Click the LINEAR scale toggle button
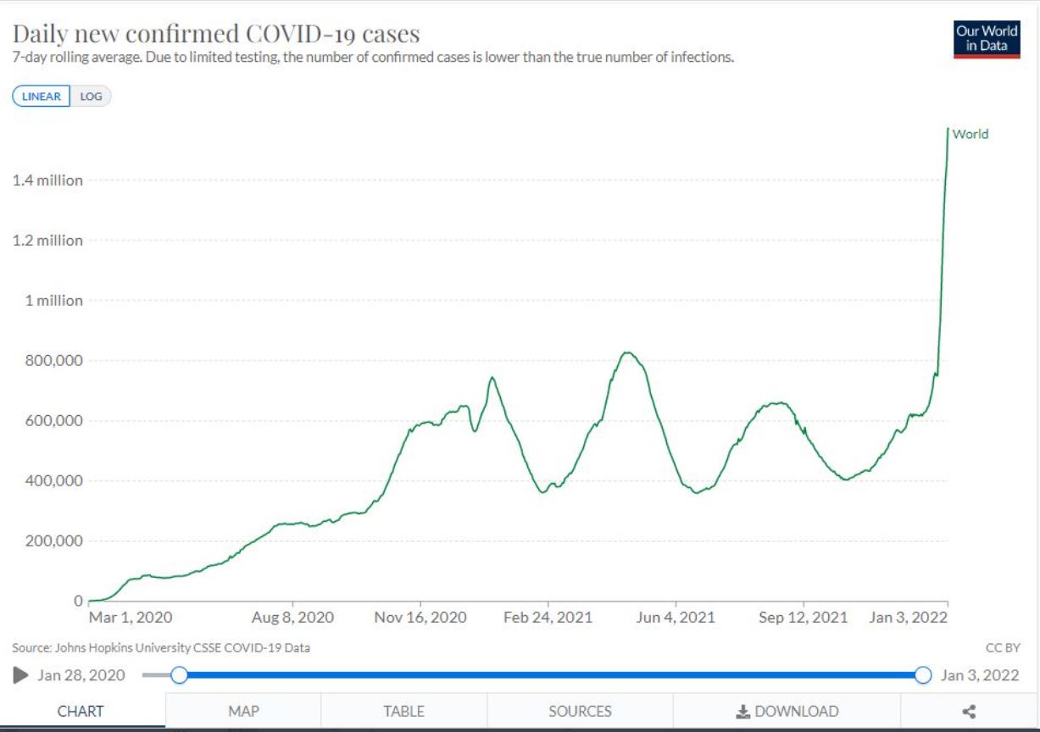point(41,97)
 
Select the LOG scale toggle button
point(91,97)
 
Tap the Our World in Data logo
point(987,38)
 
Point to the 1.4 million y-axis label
point(47,180)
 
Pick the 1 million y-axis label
point(53,301)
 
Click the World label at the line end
point(970,134)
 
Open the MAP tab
point(243,711)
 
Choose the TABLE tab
point(403,711)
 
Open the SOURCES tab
point(580,711)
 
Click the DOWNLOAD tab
point(787,711)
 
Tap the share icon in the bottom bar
point(970,711)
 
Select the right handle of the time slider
point(924,675)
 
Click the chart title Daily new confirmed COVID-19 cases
point(216,35)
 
